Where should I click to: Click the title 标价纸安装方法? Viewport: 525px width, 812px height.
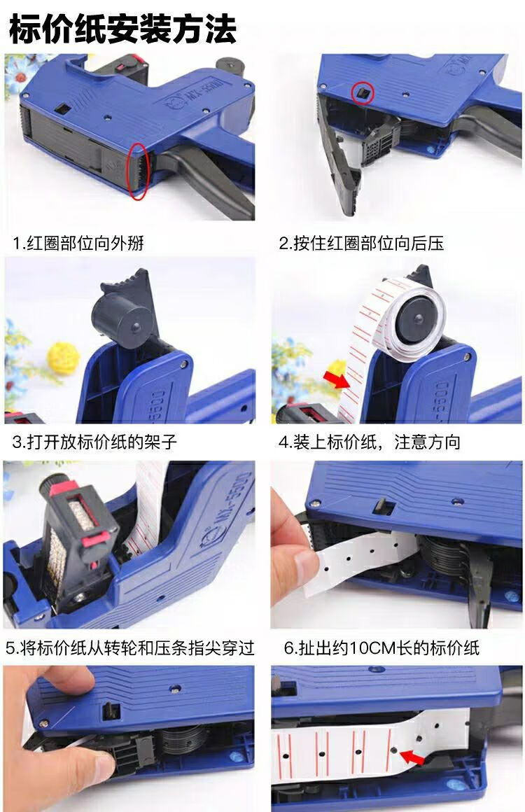click(123, 29)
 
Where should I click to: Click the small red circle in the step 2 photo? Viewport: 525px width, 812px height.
click(362, 93)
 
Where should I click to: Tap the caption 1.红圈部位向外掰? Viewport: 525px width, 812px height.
click(78, 244)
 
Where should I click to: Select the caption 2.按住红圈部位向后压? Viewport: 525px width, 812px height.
click(361, 244)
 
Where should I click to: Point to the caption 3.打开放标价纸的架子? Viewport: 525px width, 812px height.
click(94, 442)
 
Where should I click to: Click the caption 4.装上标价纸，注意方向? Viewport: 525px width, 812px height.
click(370, 442)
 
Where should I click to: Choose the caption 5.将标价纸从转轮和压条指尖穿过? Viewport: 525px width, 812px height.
click(130, 647)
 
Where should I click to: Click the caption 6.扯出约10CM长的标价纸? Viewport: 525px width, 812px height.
click(381, 647)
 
